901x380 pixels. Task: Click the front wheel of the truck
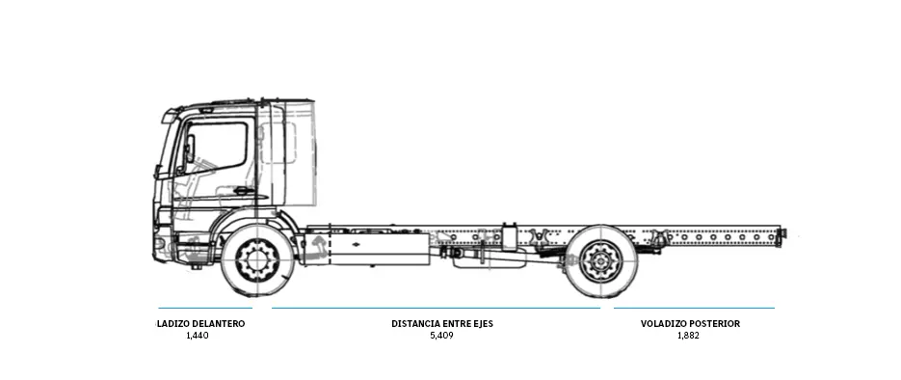[257, 259]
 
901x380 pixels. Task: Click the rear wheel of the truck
[601, 260]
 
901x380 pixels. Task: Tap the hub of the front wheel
[257, 259]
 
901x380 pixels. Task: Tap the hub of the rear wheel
[601, 260]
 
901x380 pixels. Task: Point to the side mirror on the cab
[189, 149]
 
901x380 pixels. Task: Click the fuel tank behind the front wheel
[379, 247]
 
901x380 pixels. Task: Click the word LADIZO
[176, 324]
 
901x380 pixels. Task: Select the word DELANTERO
[222, 324]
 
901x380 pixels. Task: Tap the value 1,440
[197, 336]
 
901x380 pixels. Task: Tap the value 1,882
[688, 336]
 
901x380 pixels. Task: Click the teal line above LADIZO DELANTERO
[204, 309]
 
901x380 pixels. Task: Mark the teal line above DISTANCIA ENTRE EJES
[436, 309]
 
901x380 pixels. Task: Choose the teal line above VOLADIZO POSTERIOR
[694, 309]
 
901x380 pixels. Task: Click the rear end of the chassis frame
[782, 233]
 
